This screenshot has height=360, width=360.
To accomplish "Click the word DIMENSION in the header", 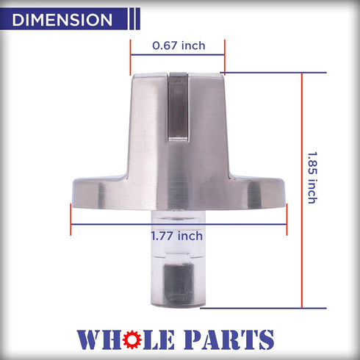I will coord(62,20).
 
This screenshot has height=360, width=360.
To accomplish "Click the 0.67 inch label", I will coord(179,46).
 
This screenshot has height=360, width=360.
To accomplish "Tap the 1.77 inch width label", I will coord(177,236).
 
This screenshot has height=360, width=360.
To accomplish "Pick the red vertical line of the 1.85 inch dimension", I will coord(301,191).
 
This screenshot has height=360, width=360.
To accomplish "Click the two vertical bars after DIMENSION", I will coord(133,20).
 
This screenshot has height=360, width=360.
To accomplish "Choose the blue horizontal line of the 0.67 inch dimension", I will coord(178,56).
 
